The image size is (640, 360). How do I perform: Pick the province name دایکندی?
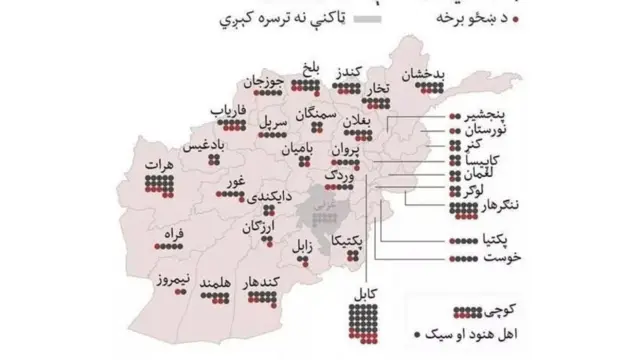269,197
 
